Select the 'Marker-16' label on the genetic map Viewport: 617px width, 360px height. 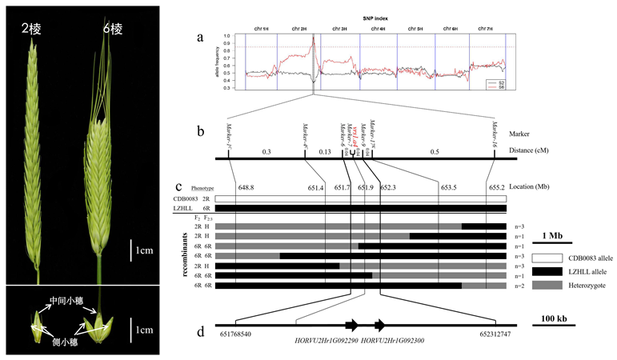pos(495,137)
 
